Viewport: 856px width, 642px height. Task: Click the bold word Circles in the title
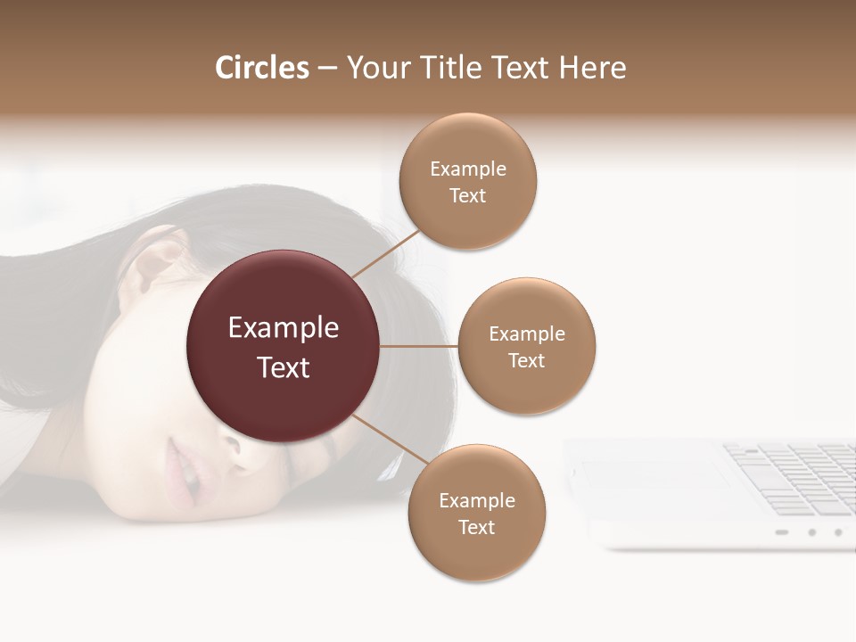tap(262, 68)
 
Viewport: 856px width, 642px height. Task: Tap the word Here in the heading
tap(592, 68)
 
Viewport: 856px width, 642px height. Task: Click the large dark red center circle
tap(284, 346)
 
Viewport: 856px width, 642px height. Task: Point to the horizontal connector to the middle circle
tap(419, 346)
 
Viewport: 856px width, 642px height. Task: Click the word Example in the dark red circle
tap(284, 328)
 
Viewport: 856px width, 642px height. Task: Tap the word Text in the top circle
tap(467, 196)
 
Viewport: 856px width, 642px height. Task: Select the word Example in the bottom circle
tap(476, 500)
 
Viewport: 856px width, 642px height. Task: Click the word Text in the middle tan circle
tap(526, 361)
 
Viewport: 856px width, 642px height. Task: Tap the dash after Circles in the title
tap(327, 69)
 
